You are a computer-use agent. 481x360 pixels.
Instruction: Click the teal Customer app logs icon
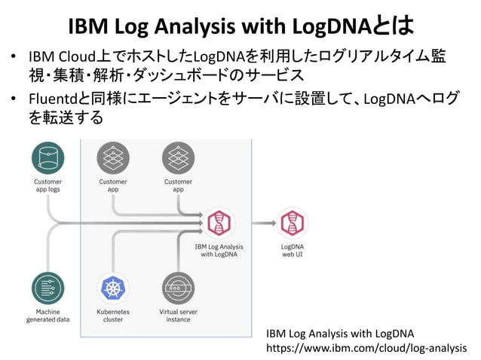click(x=48, y=158)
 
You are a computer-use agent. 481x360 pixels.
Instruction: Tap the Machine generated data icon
click(x=48, y=288)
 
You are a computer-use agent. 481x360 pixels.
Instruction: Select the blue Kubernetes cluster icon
click(x=113, y=288)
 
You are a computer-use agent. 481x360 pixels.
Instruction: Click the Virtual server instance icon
click(x=178, y=288)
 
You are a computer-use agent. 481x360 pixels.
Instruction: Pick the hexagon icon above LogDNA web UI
click(x=292, y=223)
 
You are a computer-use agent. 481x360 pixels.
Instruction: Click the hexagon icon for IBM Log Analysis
click(x=219, y=223)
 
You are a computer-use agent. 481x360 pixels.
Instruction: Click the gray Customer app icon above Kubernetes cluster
click(x=113, y=158)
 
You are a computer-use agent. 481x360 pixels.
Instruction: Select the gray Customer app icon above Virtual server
click(x=178, y=158)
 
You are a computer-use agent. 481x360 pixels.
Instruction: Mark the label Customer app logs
click(x=48, y=185)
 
